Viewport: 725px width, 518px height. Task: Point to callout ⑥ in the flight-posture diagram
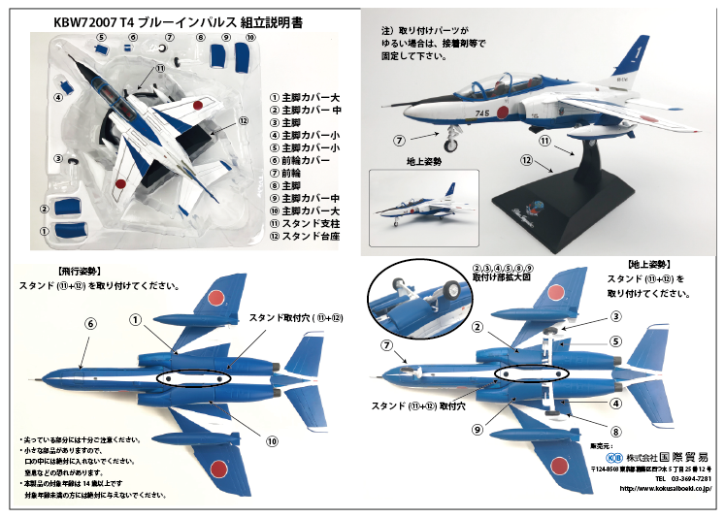89,324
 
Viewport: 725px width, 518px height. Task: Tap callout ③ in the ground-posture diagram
614,316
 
